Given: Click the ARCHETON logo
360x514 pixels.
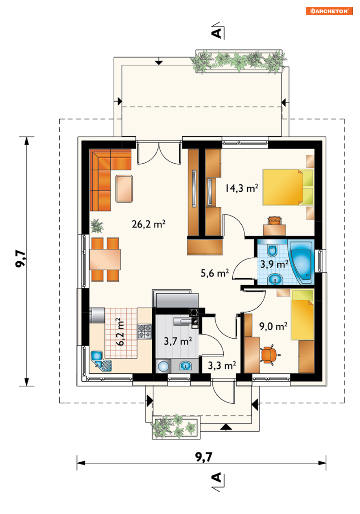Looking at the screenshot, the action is [x=329, y=11].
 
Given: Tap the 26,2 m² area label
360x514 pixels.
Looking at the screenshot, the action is [x=148, y=224].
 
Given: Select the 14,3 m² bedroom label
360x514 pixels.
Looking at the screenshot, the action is [x=241, y=188].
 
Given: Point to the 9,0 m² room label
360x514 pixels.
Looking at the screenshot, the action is [x=273, y=326].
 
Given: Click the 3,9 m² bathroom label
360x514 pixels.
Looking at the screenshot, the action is [x=274, y=264].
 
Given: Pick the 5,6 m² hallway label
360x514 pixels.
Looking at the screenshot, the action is [x=215, y=273].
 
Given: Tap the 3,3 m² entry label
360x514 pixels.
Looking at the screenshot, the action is [x=222, y=365].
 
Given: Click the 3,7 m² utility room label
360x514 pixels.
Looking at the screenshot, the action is [x=178, y=341].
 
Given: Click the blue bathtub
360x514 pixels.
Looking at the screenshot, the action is [x=301, y=262].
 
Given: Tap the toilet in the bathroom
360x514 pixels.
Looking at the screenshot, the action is [x=272, y=250].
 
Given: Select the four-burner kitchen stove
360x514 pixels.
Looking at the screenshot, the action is [x=144, y=331].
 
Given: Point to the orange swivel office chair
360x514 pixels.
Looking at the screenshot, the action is [x=269, y=355].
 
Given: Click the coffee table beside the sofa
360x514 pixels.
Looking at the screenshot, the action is [x=124, y=189].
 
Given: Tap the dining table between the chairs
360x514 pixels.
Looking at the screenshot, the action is [x=105, y=259].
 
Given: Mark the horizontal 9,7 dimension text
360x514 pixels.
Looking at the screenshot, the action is [x=204, y=457].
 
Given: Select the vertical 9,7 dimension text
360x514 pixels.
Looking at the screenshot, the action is [x=21, y=258].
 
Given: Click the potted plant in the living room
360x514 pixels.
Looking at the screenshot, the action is [x=97, y=226].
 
